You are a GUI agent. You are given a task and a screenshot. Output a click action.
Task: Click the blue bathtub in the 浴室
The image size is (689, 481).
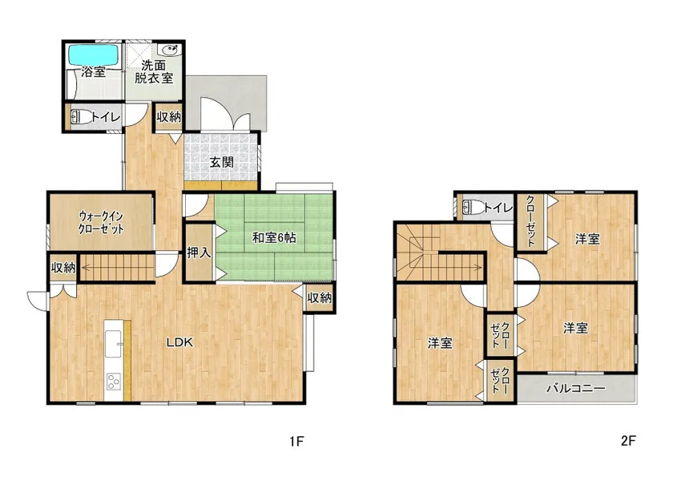click(94, 55)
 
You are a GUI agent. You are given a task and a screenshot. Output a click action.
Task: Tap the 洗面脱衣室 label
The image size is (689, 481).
click(154, 72)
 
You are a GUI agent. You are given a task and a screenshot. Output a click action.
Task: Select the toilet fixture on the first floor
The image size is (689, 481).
click(82, 117)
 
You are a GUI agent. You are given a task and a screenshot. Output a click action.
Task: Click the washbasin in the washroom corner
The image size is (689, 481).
click(170, 49)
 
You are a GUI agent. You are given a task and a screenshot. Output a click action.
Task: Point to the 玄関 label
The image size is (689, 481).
click(221, 162)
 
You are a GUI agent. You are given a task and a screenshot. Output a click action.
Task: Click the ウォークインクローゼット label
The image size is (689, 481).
click(101, 223)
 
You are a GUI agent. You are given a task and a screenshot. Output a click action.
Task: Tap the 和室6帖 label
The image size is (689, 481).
click(274, 238)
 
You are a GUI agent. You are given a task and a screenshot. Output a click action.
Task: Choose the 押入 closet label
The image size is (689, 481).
click(199, 253)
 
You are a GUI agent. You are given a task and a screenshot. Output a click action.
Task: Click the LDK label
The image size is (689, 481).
click(179, 342)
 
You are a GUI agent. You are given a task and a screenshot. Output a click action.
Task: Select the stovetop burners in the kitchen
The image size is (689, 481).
click(114, 382)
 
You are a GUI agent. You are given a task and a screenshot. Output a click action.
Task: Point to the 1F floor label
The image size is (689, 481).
click(296, 441)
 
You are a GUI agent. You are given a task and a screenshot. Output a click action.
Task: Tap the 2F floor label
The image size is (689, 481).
click(628, 441)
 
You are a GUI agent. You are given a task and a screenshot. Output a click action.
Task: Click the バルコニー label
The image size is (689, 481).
click(575, 388)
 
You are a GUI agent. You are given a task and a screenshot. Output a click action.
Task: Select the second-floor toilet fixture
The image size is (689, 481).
click(473, 207)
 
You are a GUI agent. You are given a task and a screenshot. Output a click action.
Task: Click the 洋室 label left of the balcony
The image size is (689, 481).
click(440, 343)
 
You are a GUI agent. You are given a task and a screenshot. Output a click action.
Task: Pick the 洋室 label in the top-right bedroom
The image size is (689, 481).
click(587, 240)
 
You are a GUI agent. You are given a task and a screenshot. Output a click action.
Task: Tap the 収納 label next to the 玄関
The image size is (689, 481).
click(169, 117)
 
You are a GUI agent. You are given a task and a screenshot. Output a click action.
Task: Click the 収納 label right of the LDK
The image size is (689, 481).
click(320, 298)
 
